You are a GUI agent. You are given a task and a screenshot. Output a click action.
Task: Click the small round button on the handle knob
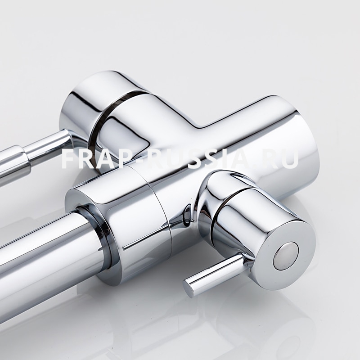pos(286,255)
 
